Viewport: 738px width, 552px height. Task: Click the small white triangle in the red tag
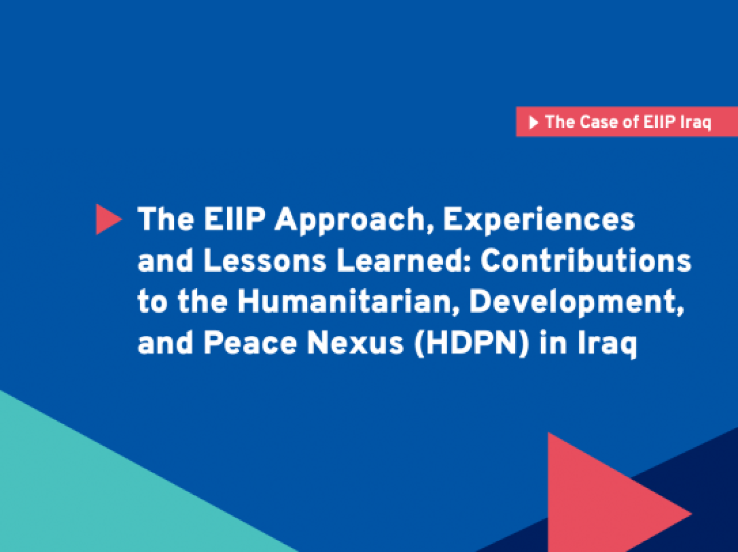tap(533, 122)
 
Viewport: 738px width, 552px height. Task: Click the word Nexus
tap(355, 343)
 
